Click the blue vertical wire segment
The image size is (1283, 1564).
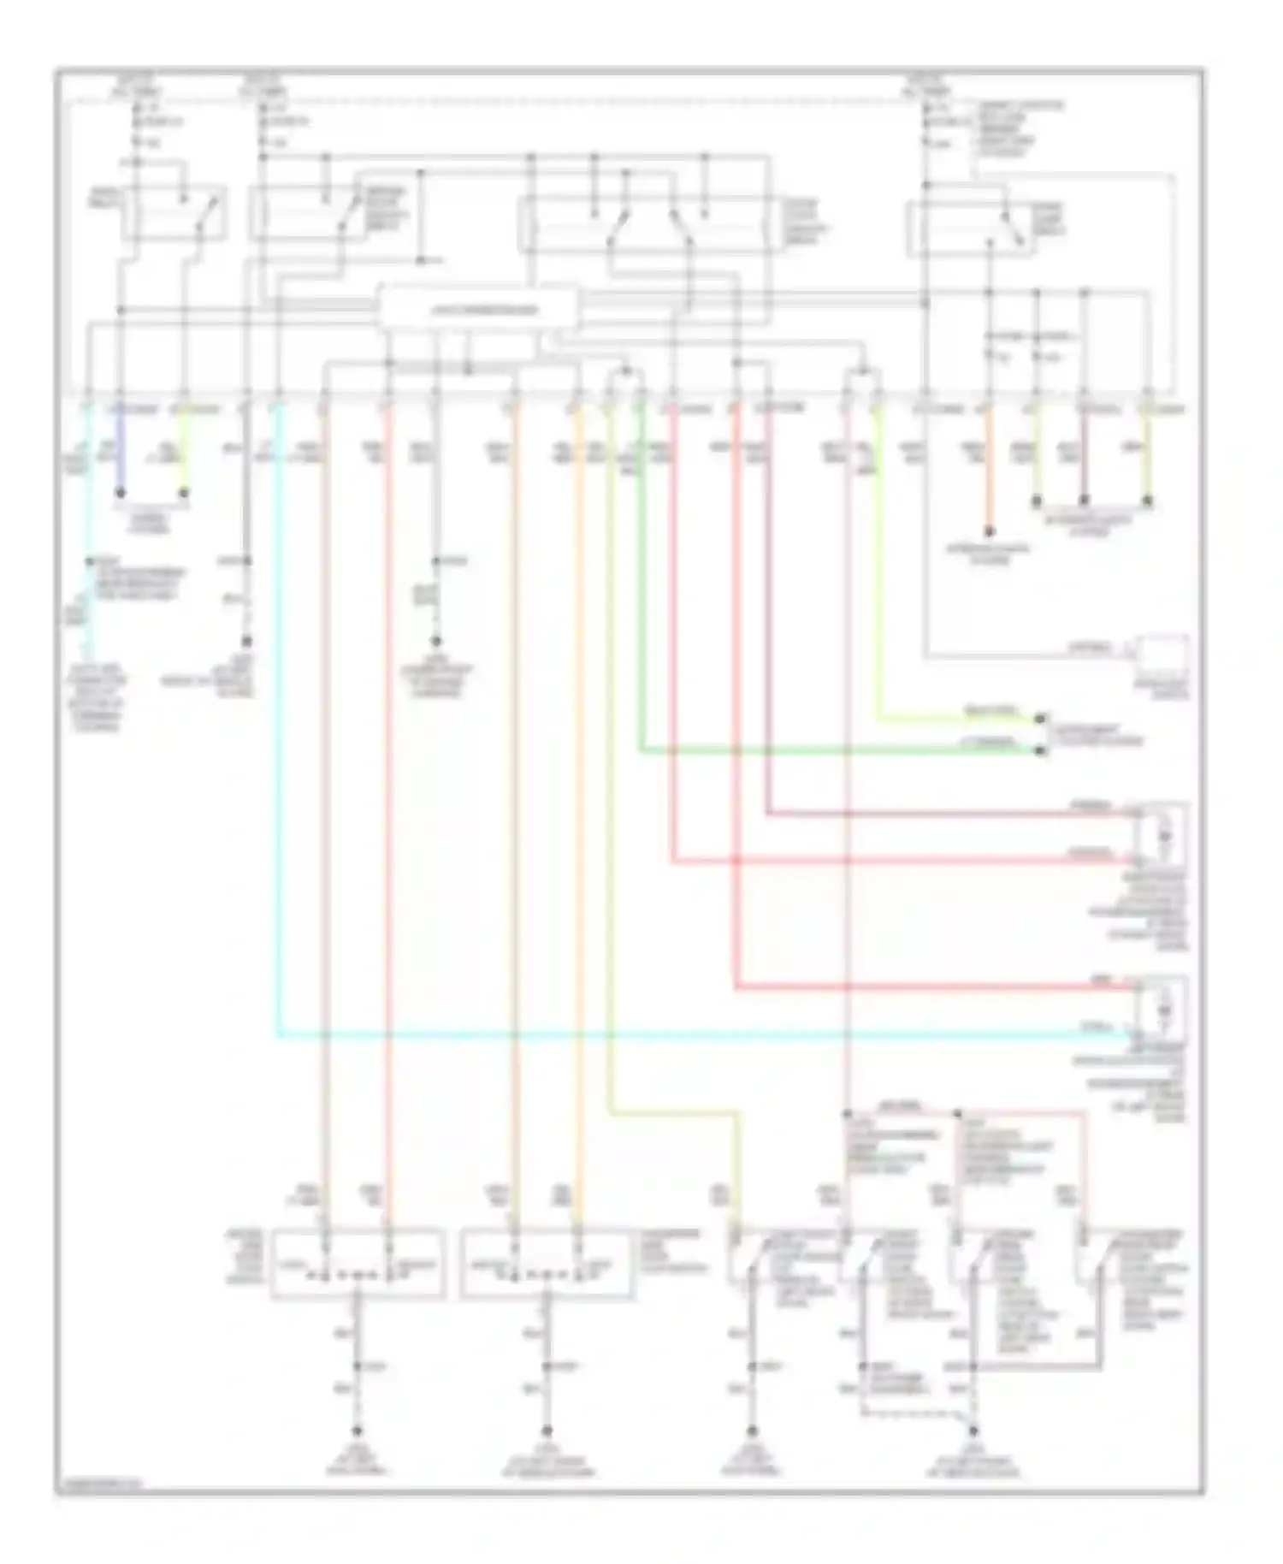point(120,453)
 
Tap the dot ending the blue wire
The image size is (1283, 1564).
point(120,494)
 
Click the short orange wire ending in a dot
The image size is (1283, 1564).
point(989,471)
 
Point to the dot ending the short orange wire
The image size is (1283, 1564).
point(989,531)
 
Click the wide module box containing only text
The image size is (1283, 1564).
point(477,309)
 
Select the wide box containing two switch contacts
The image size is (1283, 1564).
point(650,224)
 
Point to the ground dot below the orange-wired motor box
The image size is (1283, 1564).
point(547,1431)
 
